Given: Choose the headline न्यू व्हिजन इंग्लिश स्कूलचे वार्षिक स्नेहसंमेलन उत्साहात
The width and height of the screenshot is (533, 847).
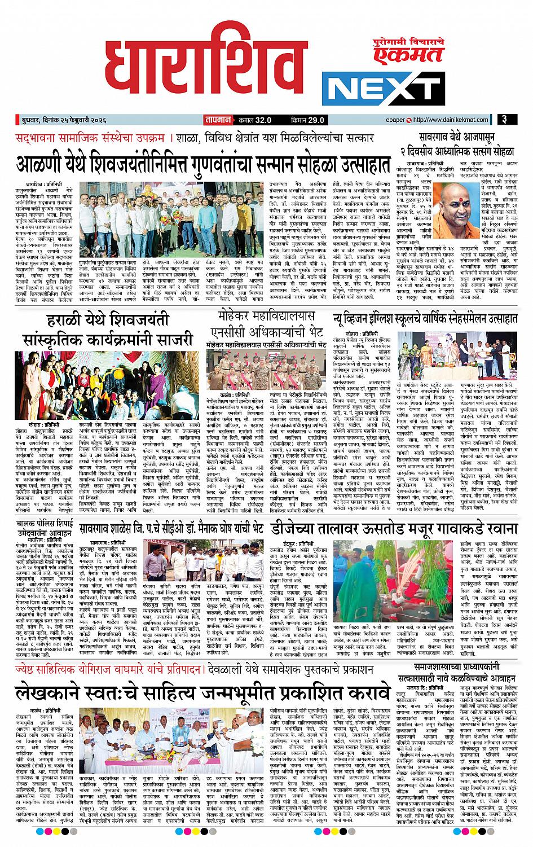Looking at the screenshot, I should tap(428, 318).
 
